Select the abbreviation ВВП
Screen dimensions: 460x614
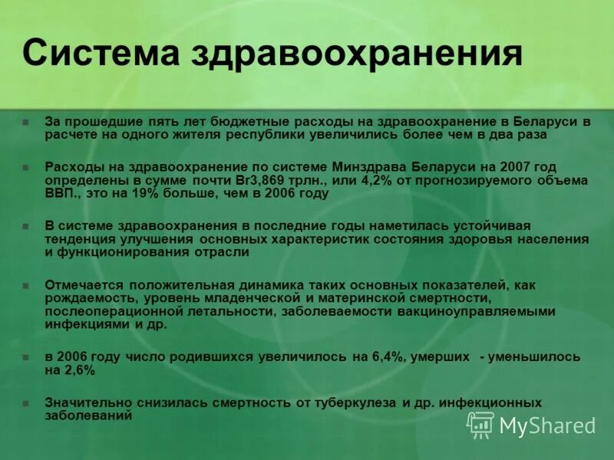click(x=61, y=193)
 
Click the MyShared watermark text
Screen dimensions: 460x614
click(x=547, y=425)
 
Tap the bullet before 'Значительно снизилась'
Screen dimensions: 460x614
click(x=26, y=403)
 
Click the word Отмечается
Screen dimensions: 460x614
click(x=82, y=284)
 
